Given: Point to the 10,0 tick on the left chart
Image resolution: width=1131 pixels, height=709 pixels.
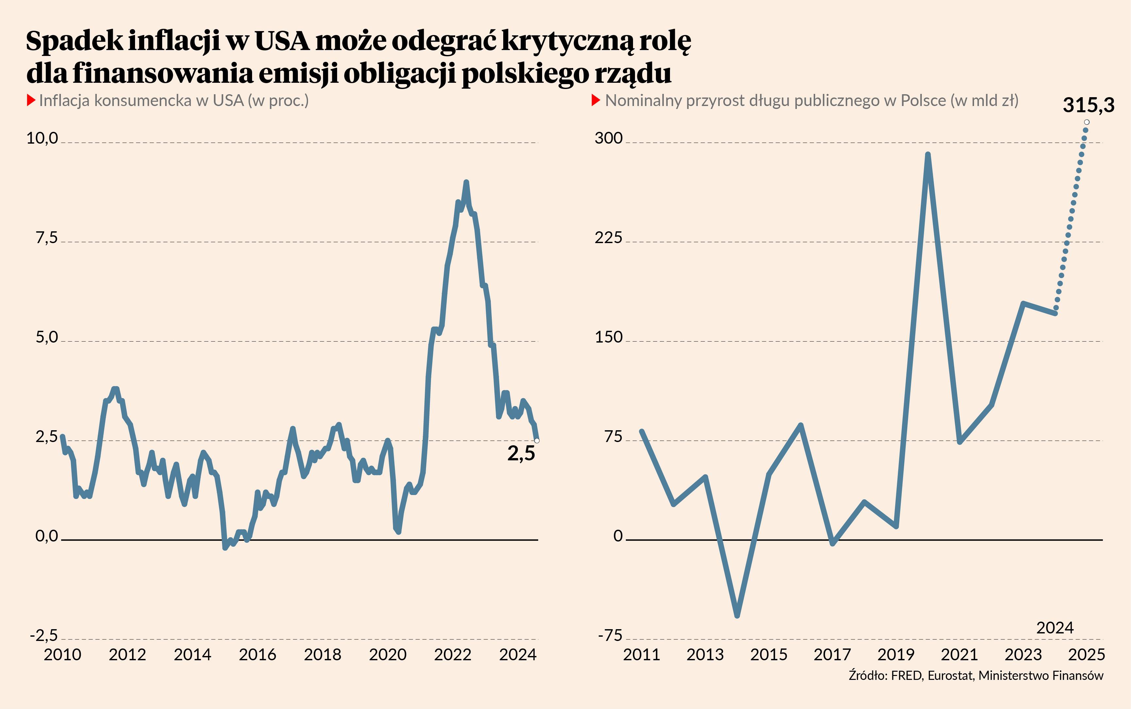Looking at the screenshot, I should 42,138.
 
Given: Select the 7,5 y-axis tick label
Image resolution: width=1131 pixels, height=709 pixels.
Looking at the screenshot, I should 46,238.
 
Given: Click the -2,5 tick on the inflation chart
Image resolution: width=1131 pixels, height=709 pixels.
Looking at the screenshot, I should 43,636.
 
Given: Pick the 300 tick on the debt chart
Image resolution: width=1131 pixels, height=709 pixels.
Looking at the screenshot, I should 608,138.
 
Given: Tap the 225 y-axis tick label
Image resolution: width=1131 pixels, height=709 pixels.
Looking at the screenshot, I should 608,238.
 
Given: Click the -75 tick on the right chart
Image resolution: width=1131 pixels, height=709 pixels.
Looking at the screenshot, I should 610,636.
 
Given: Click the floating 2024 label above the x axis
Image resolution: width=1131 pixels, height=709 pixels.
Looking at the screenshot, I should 1054,628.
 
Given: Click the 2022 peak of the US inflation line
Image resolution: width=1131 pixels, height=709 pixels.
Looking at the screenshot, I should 466,182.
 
